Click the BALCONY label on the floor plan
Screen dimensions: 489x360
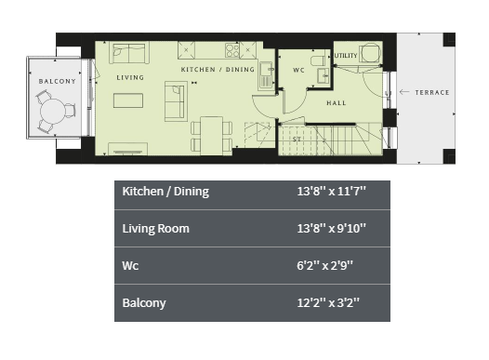(58, 82)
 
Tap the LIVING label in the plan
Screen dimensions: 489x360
(130, 77)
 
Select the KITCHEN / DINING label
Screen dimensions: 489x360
(218, 69)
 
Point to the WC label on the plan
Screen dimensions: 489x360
(298, 70)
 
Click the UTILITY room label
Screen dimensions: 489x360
(346, 56)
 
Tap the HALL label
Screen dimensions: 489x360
(337, 103)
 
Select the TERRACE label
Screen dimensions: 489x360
(432, 92)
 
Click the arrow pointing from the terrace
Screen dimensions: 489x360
(404, 92)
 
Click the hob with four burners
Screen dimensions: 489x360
(232, 50)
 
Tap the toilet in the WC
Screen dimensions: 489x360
(319, 60)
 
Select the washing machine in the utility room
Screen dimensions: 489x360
(370, 53)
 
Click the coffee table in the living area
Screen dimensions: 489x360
(128, 100)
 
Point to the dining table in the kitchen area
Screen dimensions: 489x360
(212, 136)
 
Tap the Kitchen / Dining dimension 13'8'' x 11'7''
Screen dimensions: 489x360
(331, 191)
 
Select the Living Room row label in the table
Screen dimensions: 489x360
(155, 228)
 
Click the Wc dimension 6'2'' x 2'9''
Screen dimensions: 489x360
(325, 265)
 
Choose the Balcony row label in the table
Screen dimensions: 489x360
(144, 303)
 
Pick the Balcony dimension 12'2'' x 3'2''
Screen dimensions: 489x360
(328, 302)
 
